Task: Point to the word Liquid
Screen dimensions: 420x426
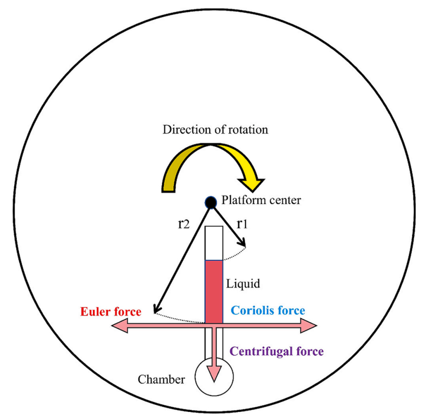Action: [243, 283]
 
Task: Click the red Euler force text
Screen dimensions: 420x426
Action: [111, 312]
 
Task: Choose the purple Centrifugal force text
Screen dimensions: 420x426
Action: [276, 352]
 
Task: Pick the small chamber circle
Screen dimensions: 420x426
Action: [214, 377]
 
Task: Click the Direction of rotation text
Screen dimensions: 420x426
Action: [215, 130]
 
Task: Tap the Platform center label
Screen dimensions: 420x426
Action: [261, 200]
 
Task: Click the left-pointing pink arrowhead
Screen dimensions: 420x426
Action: [118, 327]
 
